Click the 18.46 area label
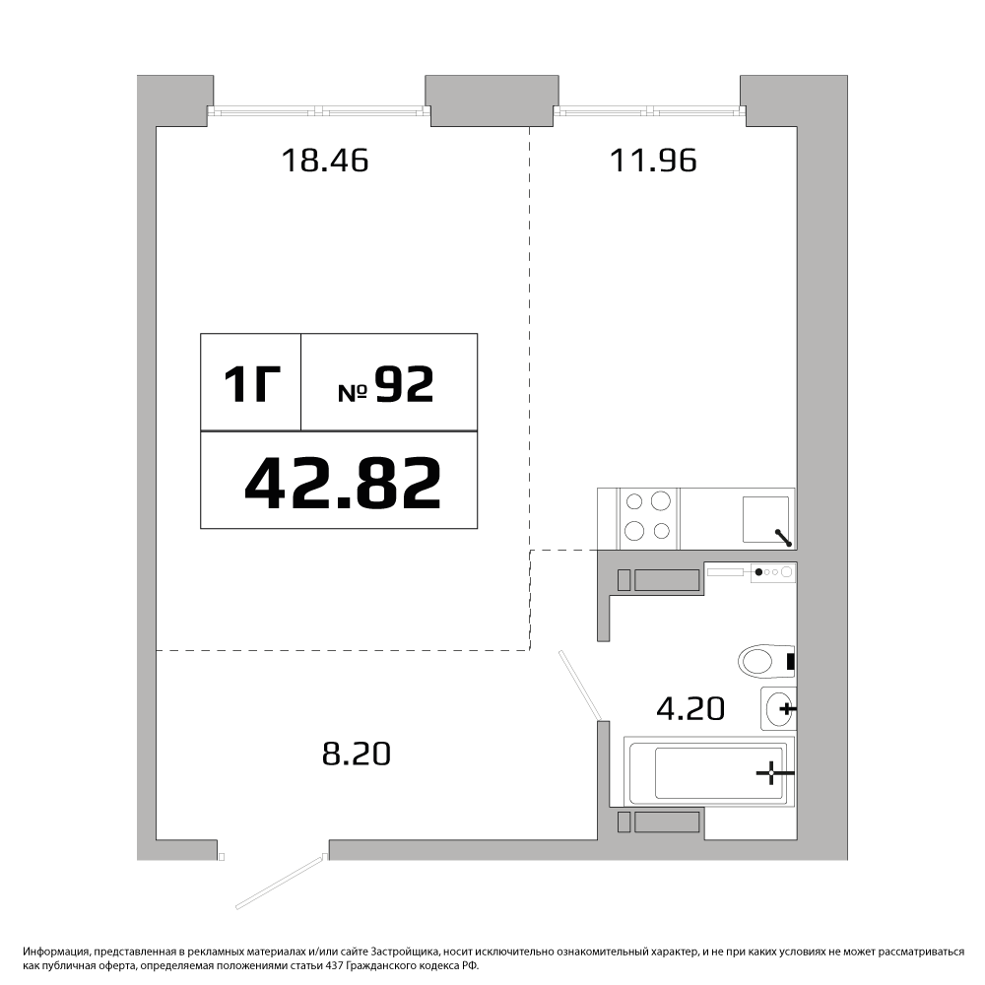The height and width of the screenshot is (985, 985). click(x=325, y=161)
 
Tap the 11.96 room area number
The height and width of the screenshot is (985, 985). click(x=653, y=161)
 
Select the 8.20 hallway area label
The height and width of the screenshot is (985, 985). click(x=357, y=754)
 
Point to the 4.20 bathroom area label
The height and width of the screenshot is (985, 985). click(x=690, y=708)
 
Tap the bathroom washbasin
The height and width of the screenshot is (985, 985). click(x=779, y=708)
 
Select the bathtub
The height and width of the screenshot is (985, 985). click(x=709, y=771)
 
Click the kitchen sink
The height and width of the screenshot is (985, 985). click(x=766, y=519)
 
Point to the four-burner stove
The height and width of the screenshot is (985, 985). click(x=648, y=518)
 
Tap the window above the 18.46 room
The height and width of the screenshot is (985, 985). click(x=319, y=111)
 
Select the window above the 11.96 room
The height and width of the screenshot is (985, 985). click(x=650, y=111)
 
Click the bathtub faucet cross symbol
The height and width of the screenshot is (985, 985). click(x=771, y=772)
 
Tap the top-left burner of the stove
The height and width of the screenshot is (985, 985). click(x=634, y=502)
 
